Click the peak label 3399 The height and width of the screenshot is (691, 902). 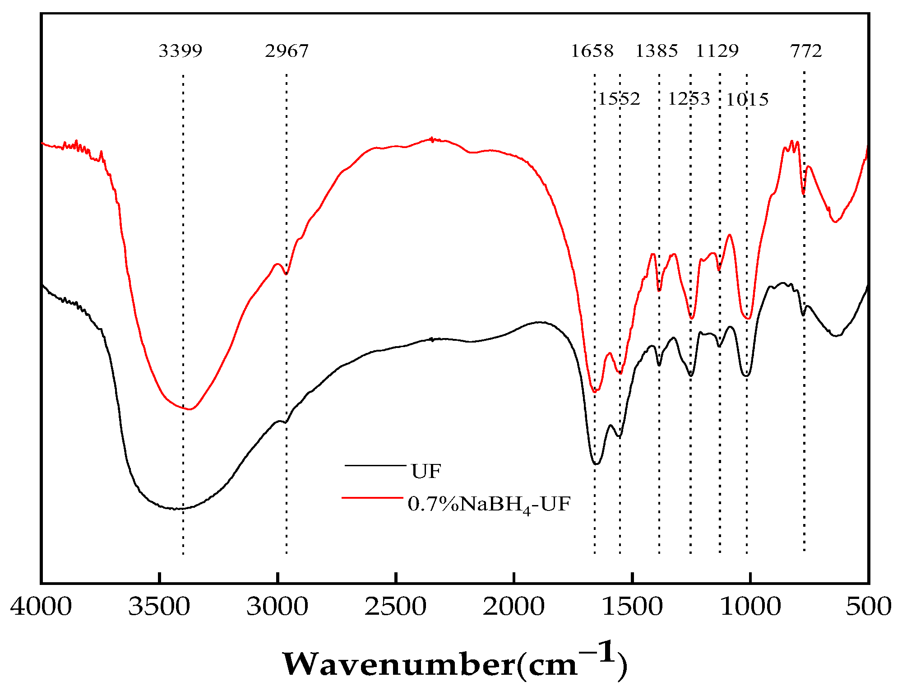pyautogui.click(x=180, y=51)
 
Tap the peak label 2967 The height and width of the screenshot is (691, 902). pyautogui.click(x=287, y=51)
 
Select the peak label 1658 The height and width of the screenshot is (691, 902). pyautogui.click(x=592, y=51)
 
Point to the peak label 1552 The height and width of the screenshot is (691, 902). pyautogui.click(x=619, y=99)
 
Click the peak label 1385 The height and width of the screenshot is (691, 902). pyautogui.click(x=657, y=51)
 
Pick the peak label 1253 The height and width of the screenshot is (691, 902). pyautogui.click(x=689, y=99)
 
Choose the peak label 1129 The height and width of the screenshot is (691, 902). pyautogui.click(x=717, y=51)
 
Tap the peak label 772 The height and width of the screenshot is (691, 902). pyautogui.click(x=806, y=51)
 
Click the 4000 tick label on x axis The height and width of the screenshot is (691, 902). pyautogui.click(x=41, y=606)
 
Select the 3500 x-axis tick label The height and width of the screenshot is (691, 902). pyautogui.click(x=159, y=606)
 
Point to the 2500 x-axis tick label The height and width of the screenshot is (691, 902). pyautogui.click(x=395, y=606)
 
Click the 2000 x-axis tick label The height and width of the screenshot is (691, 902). pyautogui.click(x=513, y=606)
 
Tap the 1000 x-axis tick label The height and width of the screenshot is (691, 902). pyautogui.click(x=750, y=606)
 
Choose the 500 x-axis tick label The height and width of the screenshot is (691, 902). pyautogui.click(x=868, y=606)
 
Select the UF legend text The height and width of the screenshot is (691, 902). pyautogui.click(x=426, y=472)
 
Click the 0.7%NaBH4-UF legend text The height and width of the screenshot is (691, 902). pyautogui.click(x=489, y=504)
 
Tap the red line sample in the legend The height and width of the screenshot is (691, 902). pyautogui.click(x=372, y=497)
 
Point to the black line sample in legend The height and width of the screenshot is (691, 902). pyautogui.click(x=375, y=465)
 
